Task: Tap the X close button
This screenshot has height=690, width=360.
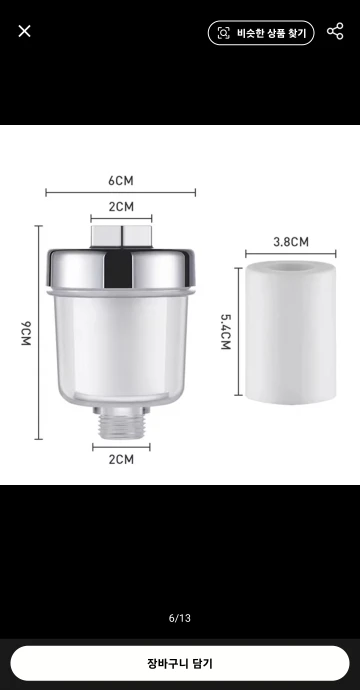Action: tap(25, 31)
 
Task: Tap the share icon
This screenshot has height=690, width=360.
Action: tap(335, 32)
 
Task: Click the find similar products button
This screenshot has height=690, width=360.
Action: tap(261, 33)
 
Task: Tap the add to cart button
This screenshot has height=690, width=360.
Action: tap(180, 663)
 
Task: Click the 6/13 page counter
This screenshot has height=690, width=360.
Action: tap(180, 618)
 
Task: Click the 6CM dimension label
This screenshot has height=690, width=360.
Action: tap(121, 181)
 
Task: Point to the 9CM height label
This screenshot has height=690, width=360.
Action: tap(26, 333)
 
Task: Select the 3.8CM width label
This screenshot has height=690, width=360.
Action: tap(291, 242)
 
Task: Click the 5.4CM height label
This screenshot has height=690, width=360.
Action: tap(225, 331)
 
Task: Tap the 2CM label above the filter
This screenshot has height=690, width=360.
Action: tap(121, 207)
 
